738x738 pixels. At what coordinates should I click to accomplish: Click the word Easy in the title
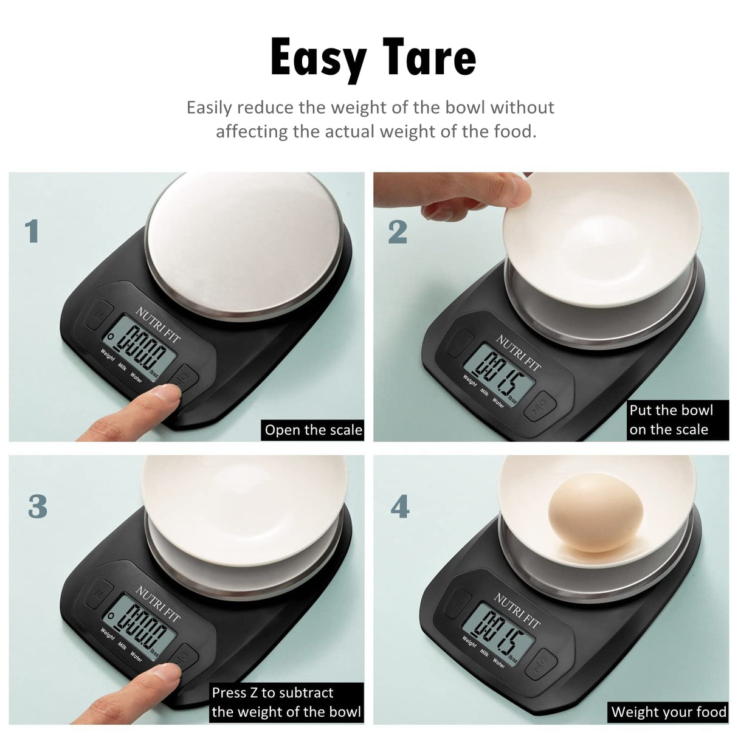(319, 58)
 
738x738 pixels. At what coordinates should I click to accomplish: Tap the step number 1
(32, 232)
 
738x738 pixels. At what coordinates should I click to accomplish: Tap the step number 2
(398, 232)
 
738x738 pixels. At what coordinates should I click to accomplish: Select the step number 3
(38, 506)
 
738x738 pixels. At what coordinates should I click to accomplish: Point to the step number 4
(400, 506)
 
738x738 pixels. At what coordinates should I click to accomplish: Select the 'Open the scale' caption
(313, 430)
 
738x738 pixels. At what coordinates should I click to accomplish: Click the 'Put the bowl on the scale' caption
(671, 419)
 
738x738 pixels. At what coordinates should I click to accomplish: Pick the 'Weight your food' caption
(669, 712)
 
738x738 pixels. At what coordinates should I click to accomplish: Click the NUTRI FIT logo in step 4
(517, 609)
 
